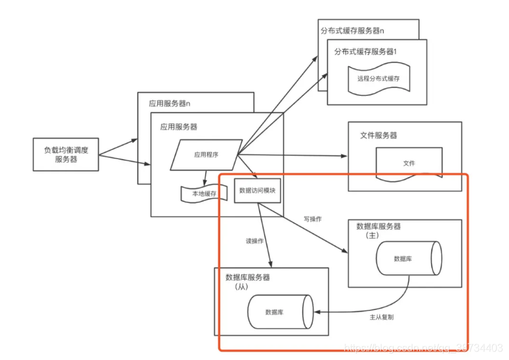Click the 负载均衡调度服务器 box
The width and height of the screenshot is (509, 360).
click(66, 155)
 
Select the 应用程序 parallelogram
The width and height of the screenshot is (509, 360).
click(205, 155)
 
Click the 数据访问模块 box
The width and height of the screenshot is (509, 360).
click(257, 190)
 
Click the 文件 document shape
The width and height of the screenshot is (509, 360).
click(409, 163)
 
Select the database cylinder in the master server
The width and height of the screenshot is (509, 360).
click(408, 258)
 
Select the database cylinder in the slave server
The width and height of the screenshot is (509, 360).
click(280, 312)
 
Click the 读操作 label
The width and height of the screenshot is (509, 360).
click(254, 241)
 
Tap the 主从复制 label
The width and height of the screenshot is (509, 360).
click(381, 318)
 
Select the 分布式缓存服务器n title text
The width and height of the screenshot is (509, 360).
click(352, 30)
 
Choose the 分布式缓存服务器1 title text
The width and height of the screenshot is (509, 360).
click(366, 51)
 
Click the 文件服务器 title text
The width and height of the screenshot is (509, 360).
click(379, 135)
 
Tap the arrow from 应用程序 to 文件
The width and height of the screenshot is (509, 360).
click(293, 155)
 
